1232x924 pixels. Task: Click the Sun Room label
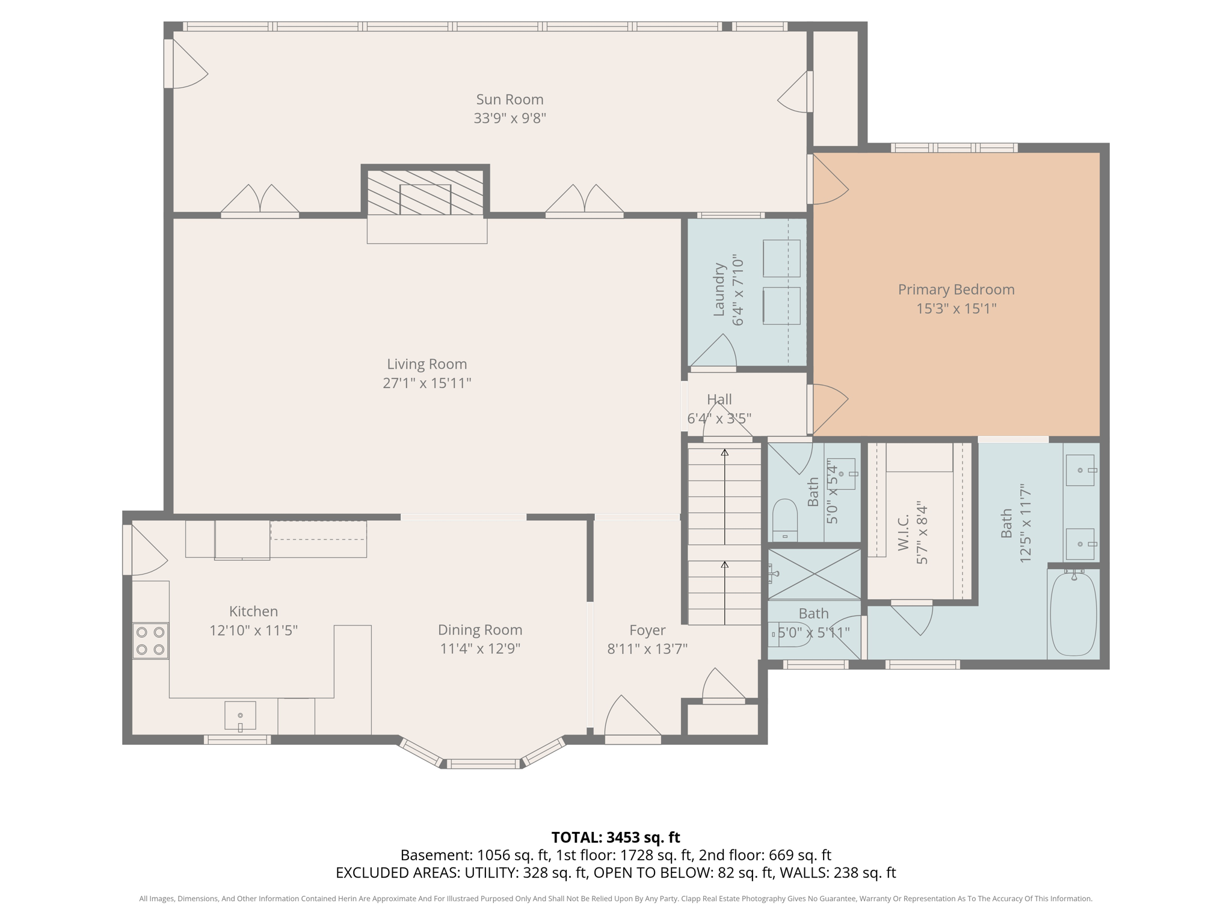coord(510,99)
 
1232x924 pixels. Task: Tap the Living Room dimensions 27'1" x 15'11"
coord(427,383)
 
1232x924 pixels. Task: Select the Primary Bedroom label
coord(956,289)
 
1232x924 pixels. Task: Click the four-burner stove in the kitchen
coord(150,641)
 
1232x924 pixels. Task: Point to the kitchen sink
coord(240,715)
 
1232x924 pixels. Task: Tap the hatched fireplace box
coord(425,192)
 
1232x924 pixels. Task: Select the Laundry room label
coord(719,289)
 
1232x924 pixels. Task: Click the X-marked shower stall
coord(815,574)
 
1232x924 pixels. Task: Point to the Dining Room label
coord(479,630)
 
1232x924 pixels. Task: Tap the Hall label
coord(719,399)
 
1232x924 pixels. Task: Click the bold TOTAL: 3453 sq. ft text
coord(615,837)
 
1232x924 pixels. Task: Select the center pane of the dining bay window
coord(482,764)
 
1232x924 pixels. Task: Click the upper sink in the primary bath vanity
coord(1080,470)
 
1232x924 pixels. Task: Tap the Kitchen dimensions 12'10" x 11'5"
coord(253,630)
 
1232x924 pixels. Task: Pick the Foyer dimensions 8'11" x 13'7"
coord(647,648)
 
